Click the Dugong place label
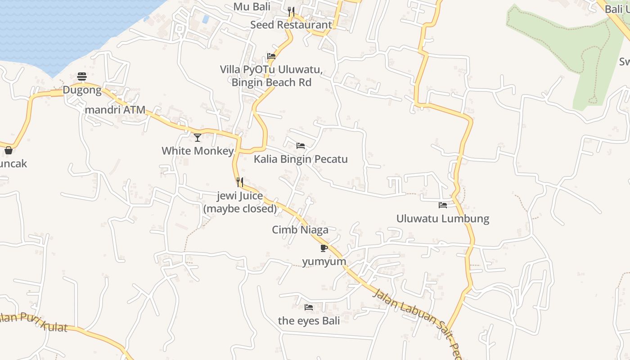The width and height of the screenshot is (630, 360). [82, 90]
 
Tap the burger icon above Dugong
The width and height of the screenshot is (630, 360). [81, 76]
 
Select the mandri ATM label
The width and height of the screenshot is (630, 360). [115, 110]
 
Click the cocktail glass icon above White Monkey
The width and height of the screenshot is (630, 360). [198, 137]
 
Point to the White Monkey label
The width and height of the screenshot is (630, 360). [198, 151]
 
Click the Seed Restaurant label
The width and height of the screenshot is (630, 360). [291, 25]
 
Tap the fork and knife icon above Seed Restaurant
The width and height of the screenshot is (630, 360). [291, 11]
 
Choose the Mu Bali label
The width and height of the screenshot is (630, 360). [252, 7]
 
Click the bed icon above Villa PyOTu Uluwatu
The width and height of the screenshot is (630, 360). [271, 56]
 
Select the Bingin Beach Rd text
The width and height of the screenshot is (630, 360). [271, 82]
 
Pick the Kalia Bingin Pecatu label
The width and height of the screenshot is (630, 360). [301, 159]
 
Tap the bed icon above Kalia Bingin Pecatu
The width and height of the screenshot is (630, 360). [301, 146]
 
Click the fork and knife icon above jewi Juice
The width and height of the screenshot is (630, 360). [240, 182]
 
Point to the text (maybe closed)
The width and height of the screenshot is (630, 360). [240, 209]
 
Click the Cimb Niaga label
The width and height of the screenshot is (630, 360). [300, 230]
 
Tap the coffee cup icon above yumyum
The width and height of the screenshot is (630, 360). [324, 248]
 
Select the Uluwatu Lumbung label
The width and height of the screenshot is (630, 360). [442, 219]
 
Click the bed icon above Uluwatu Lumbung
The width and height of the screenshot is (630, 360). [443, 205]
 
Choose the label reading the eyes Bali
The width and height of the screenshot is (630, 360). [309, 321]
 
